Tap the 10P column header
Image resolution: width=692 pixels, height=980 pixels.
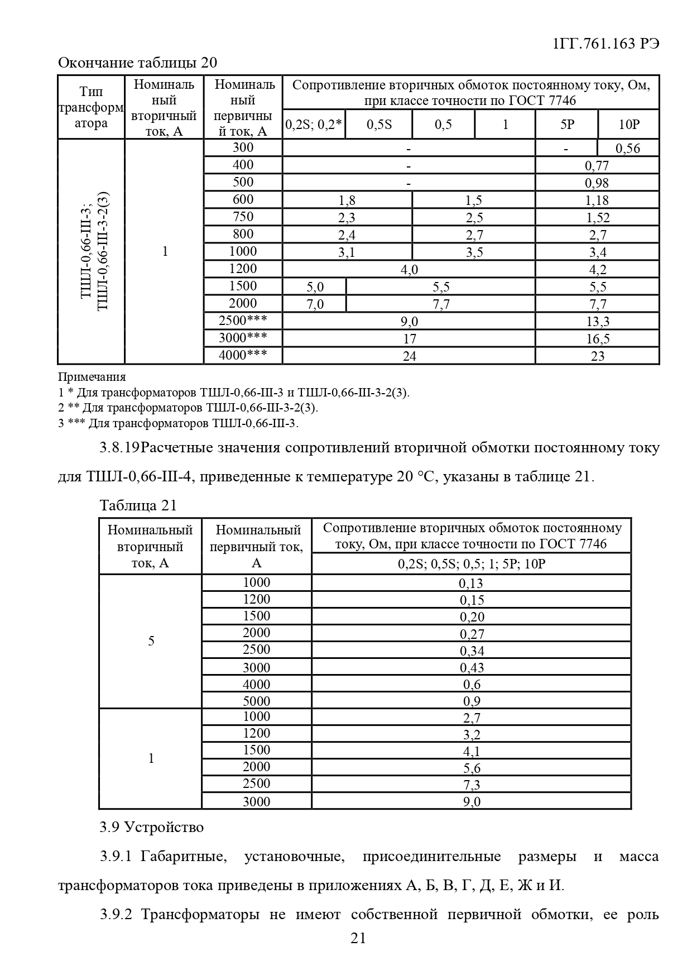tap(628, 124)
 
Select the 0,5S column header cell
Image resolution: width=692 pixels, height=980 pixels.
tap(379, 124)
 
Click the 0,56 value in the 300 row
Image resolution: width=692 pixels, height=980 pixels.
tap(628, 148)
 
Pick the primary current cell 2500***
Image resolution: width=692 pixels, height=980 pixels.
tap(243, 321)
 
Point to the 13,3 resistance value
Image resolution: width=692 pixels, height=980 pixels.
tap(597, 321)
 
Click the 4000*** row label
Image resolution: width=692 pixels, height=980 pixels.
tap(243, 355)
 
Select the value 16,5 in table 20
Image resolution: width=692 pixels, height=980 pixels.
tap(597, 338)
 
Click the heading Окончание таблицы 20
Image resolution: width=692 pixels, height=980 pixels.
tap(137, 62)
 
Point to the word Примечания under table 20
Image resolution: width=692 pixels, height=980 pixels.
tap(92, 376)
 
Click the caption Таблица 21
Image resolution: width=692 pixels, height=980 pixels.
tap(138, 505)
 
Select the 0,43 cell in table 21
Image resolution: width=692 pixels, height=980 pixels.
tap(471, 667)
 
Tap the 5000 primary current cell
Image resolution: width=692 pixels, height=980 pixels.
tap(256, 701)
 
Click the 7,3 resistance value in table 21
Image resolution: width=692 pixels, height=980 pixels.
tap(471, 785)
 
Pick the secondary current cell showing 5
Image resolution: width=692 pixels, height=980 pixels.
tap(151, 640)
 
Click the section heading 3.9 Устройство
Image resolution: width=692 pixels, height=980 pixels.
tap(152, 827)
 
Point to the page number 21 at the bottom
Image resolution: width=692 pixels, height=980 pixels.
tap(358, 938)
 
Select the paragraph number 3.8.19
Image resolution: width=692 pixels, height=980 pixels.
tap(119, 448)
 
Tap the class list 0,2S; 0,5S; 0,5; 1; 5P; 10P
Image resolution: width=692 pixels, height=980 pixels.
tap(471, 563)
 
